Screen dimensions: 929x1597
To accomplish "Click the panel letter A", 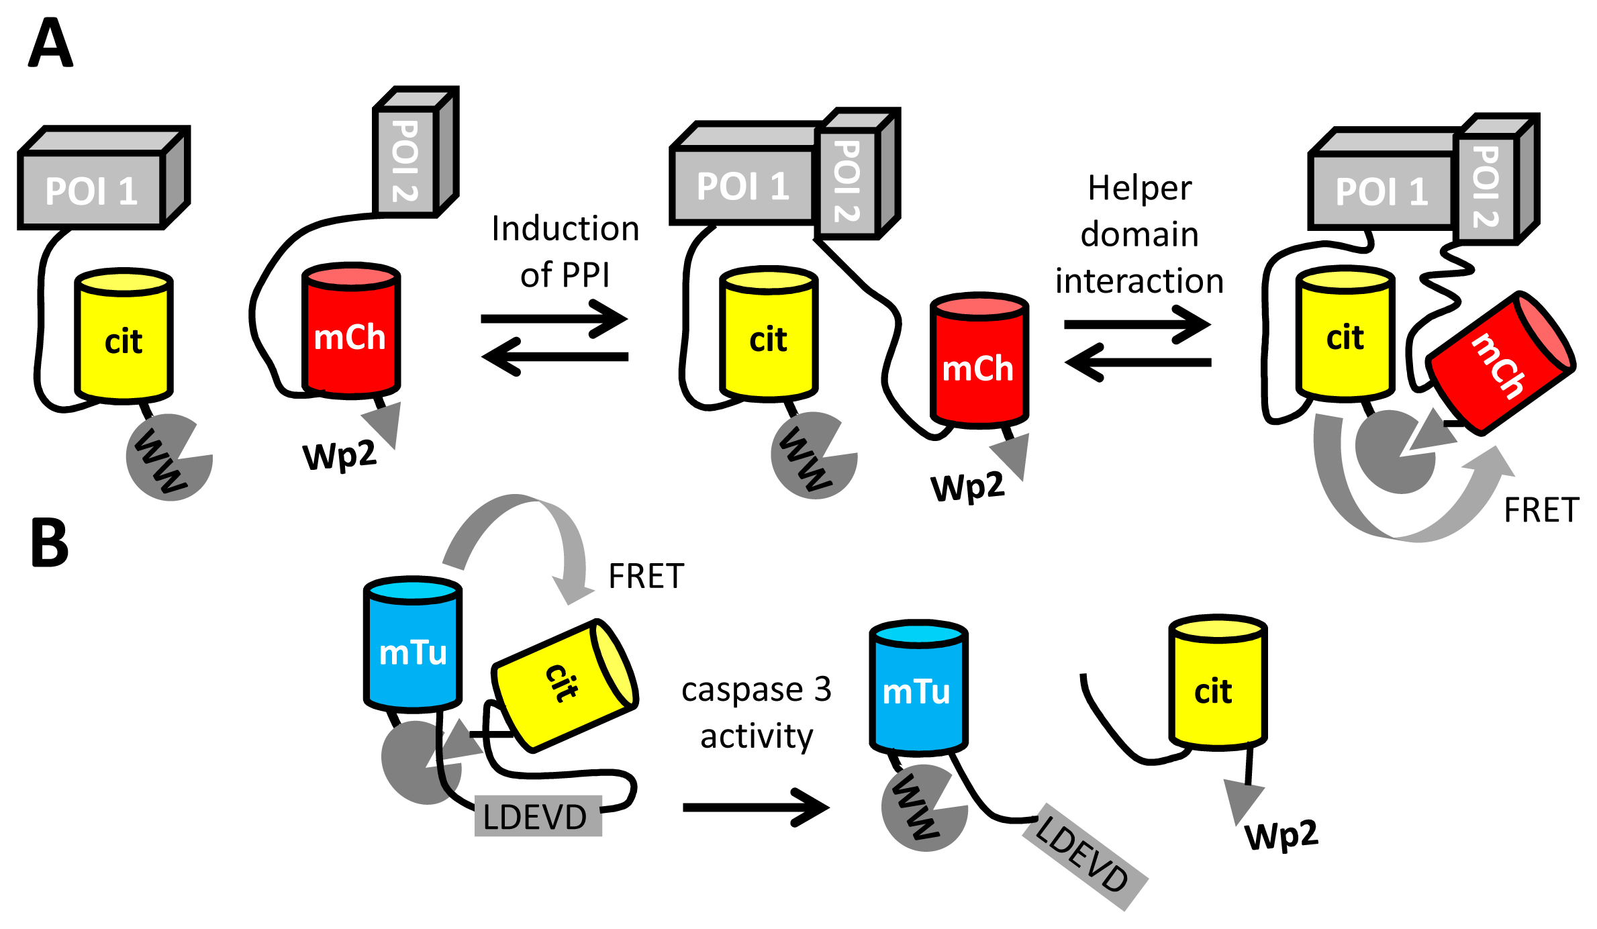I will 50,43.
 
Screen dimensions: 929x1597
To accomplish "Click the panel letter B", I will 50,542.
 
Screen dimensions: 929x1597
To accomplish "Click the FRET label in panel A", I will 1541,510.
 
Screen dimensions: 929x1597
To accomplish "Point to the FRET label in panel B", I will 646,576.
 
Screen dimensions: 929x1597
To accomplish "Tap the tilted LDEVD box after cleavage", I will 1083,856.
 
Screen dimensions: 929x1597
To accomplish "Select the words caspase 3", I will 756,689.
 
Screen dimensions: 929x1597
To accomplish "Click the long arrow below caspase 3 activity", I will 755,807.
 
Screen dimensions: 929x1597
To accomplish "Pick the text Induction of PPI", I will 565,251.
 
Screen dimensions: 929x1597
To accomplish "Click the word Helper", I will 1139,189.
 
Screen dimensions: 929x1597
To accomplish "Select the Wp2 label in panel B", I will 1281,836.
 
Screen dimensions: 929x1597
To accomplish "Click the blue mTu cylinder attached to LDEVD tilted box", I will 918,688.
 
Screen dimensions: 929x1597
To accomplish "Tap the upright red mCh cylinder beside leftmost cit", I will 350,332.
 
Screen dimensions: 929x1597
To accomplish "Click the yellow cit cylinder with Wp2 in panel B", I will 1216,685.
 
